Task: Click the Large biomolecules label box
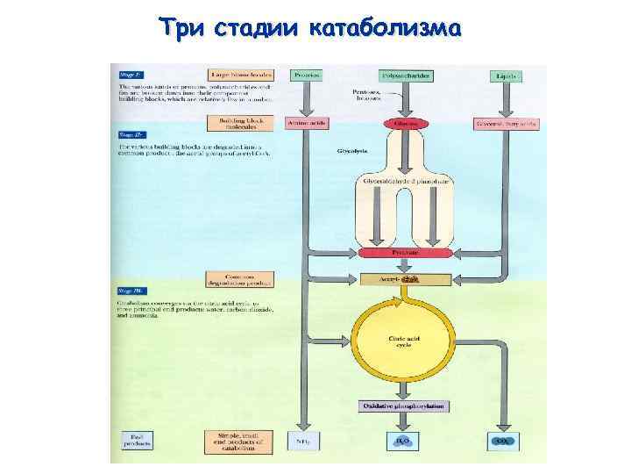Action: coord(240,76)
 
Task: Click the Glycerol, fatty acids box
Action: coord(507,124)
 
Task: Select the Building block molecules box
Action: coord(240,124)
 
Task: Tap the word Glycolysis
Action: coord(352,151)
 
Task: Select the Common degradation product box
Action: coord(240,279)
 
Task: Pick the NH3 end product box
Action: coord(304,441)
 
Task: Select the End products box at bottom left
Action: coord(137,441)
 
